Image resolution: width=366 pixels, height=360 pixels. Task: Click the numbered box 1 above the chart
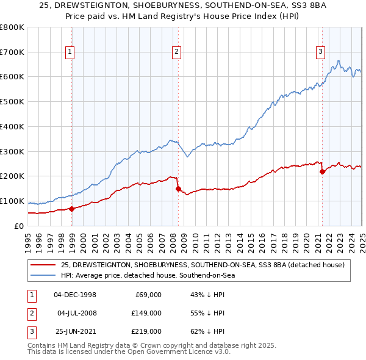[71, 52]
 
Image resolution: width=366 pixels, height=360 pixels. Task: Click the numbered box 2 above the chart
[176, 52]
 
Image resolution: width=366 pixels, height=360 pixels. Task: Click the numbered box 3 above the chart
[320, 52]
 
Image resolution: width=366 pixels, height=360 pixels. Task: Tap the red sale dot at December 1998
[72, 209]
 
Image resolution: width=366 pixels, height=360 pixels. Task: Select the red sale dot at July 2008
[178, 189]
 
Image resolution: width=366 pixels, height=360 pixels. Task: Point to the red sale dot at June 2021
[322, 171]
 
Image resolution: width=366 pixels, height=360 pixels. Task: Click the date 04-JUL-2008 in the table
[76, 313]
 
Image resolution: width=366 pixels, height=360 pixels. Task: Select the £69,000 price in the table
[148, 295]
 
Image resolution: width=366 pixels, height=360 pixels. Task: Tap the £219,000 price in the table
[146, 331]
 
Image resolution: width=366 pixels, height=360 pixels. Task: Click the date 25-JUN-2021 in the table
[76, 331]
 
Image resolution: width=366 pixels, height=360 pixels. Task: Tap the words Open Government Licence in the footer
[175, 352]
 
